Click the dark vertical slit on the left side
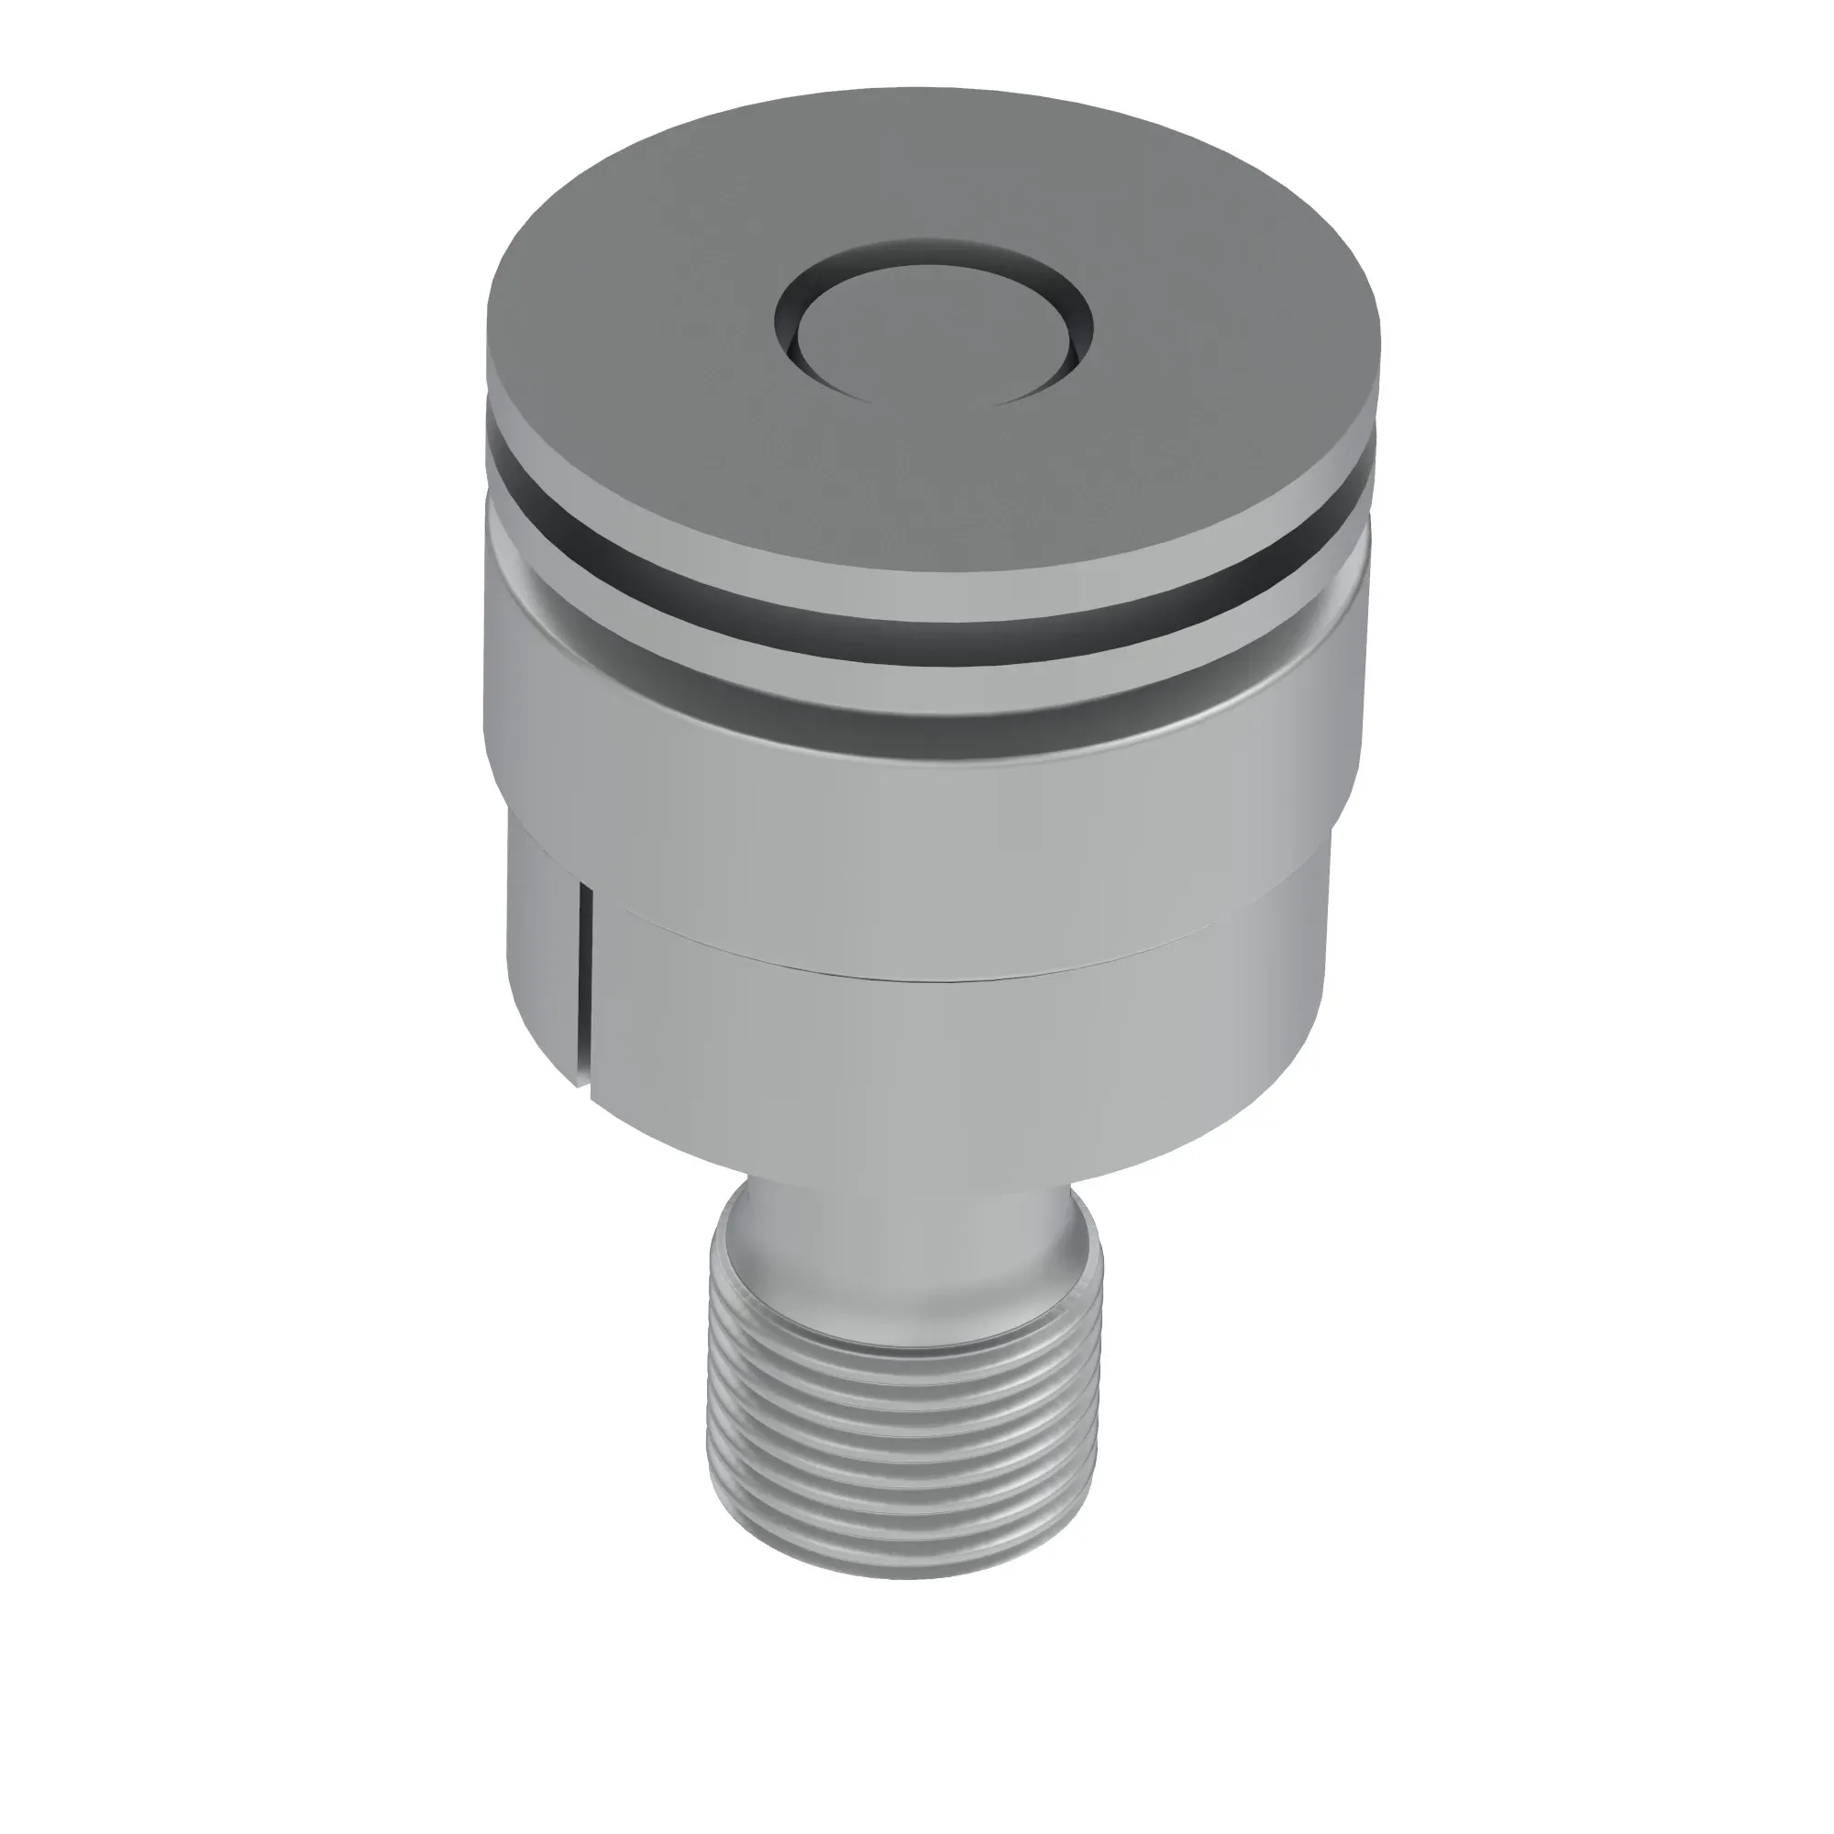[x=588, y=988]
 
